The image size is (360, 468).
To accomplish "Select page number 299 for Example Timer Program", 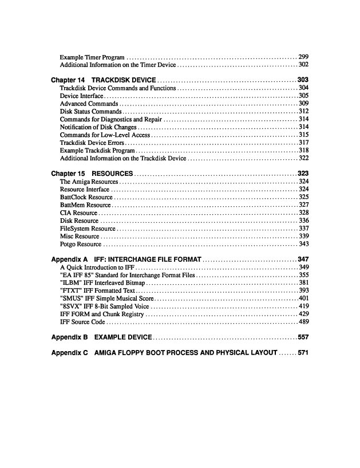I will click(303, 57).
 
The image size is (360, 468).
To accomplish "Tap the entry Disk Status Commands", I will click(90, 111).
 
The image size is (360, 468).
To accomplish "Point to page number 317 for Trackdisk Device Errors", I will click(303, 143).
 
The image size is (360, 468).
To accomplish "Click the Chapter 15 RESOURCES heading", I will click(92, 173).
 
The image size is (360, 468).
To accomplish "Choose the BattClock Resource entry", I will click(86, 197).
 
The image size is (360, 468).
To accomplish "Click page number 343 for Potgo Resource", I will click(303, 244).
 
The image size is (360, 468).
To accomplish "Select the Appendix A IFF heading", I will click(126, 259).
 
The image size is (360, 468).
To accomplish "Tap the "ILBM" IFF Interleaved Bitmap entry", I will click(102, 283).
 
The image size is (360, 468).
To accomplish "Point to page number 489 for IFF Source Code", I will click(303, 323).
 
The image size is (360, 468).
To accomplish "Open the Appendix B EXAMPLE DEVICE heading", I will click(101, 337).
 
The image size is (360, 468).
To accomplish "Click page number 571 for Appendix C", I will click(303, 352).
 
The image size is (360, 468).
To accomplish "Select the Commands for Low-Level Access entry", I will click(97, 135).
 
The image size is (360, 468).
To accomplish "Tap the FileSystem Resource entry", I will click(88, 229).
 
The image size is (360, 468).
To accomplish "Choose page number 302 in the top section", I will click(303, 65).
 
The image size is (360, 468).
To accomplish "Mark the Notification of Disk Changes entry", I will click(98, 127).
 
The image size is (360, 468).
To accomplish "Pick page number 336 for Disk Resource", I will click(303, 221).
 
